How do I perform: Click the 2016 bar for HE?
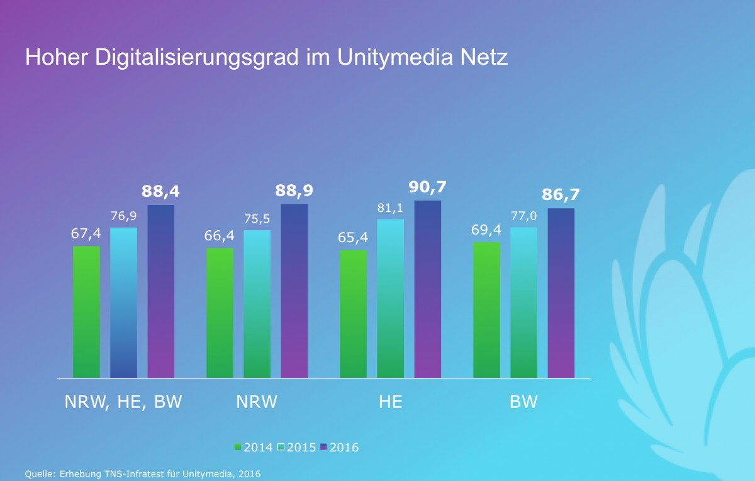428,289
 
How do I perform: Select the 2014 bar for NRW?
220,312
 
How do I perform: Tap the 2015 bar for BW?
523,302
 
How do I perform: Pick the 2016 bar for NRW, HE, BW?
161,291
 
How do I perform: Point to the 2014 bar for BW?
486,310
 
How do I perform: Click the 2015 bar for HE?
391,299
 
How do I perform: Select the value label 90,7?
427,187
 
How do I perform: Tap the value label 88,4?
160,192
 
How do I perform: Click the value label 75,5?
257,219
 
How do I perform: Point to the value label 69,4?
486,231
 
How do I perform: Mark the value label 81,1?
390,207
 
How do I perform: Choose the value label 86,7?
561,195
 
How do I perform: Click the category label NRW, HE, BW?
123,402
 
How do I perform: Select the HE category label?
390,402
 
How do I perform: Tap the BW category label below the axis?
523,402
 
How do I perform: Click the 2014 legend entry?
254,448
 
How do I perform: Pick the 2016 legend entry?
340,448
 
